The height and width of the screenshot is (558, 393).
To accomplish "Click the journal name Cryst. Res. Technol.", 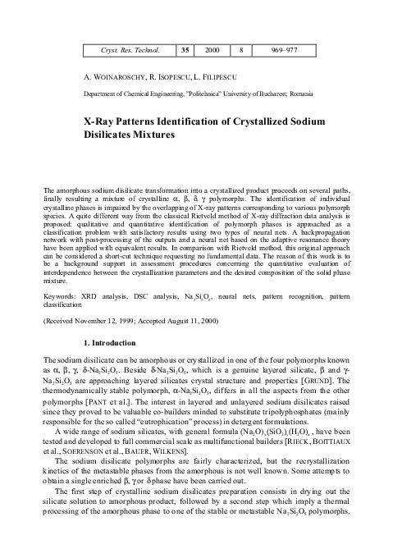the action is tap(126, 51).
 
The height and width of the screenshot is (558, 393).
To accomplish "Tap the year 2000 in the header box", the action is tap(213, 51).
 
